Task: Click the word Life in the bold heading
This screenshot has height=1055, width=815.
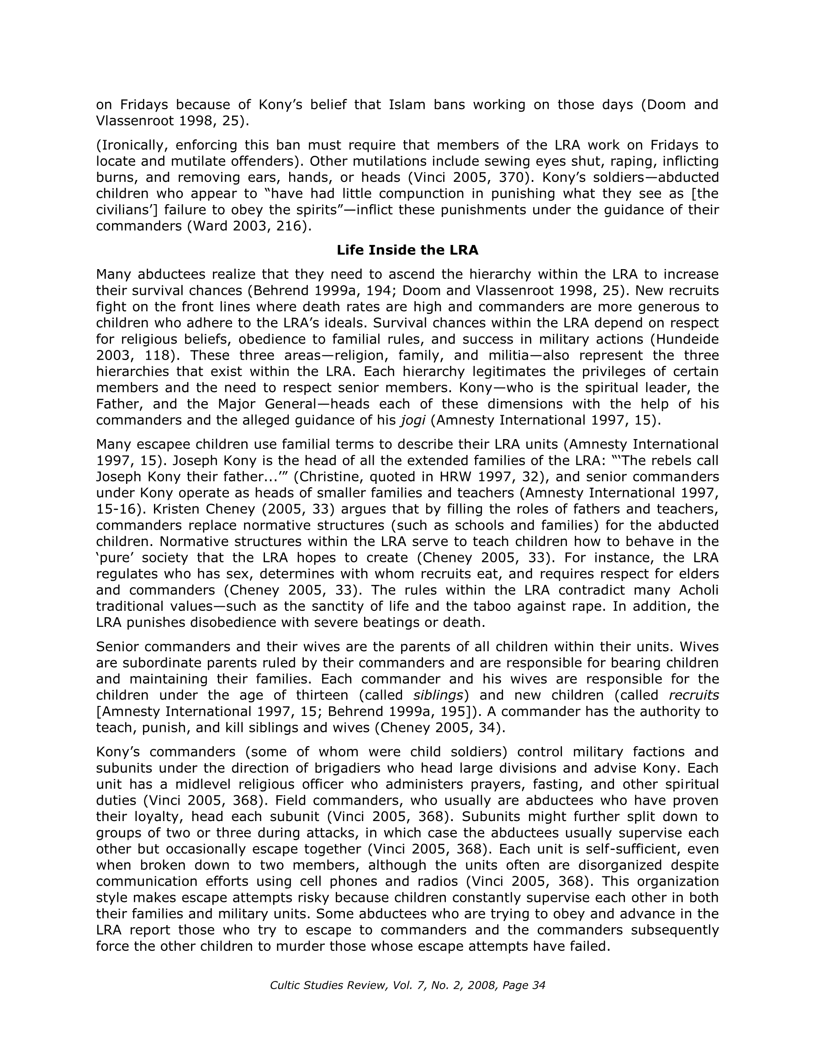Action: (350, 250)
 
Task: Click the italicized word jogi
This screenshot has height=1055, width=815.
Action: (413, 420)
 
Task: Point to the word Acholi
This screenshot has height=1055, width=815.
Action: (699, 590)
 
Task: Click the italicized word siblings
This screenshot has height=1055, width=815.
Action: (438, 695)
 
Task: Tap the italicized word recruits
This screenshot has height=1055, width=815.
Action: (693, 695)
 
